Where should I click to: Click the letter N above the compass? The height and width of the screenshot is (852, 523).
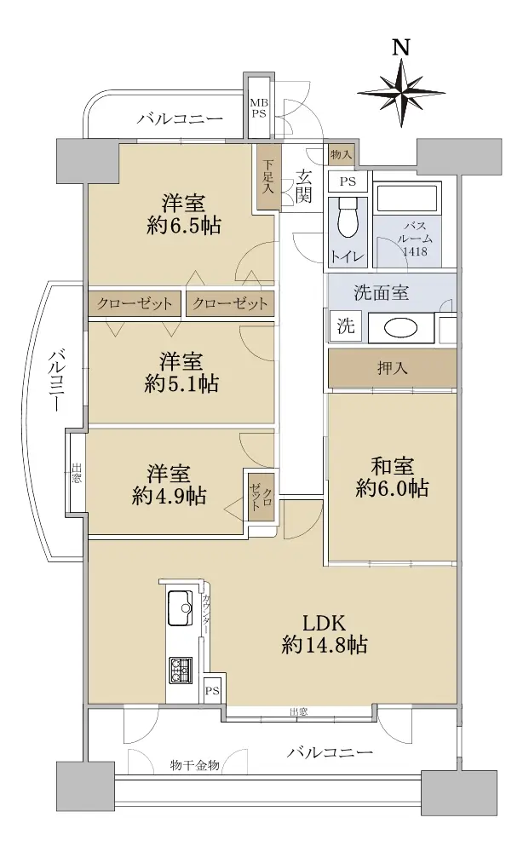pyautogui.click(x=401, y=48)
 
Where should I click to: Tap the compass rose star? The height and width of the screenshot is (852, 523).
pyautogui.click(x=401, y=93)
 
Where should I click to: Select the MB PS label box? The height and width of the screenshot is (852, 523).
pyautogui.click(x=258, y=108)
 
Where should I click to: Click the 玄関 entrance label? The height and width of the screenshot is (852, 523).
pyautogui.click(x=303, y=185)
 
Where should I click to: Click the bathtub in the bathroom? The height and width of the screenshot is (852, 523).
pyautogui.click(x=407, y=198)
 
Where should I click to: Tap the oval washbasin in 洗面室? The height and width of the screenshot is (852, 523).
pyautogui.click(x=401, y=328)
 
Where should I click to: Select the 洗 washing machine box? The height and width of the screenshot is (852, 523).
pyautogui.click(x=346, y=325)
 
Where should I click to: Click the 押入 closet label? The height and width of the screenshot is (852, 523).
pyautogui.click(x=392, y=368)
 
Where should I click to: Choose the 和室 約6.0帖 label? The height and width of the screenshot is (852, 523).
pyautogui.click(x=392, y=478)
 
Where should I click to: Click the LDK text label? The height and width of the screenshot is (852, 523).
pyautogui.click(x=325, y=623)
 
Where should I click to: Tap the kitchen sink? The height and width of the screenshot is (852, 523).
pyautogui.click(x=181, y=607)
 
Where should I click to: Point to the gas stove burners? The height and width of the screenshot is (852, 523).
pyautogui.click(x=181, y=670)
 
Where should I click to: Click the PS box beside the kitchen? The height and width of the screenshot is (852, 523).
pyautogui.click(x=212, y=691)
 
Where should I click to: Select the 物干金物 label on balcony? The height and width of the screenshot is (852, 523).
pyautogui.click(x=194, y=765)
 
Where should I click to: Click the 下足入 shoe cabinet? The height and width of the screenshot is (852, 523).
pyautogui.click(x=269, y=177)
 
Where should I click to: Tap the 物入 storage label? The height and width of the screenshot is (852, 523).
pyautogui.click(x=341, y=155)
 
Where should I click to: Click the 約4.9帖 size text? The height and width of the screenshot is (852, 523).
pyautogui.click(x=169, y=496)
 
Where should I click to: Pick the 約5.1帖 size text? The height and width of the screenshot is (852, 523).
pyautogui.click(x=181, y=384)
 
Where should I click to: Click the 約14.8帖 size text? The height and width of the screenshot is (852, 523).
pyautogui.click(x=325, y=645)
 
